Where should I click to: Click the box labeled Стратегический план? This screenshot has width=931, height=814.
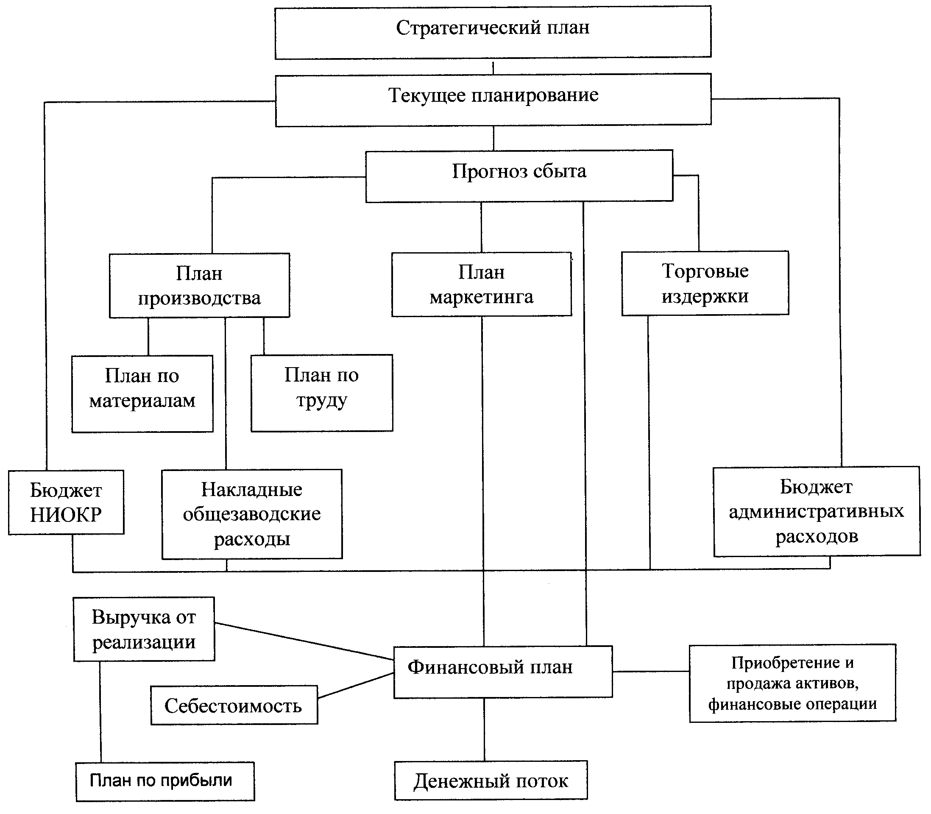(493, 32)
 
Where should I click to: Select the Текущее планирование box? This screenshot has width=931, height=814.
(493, 100)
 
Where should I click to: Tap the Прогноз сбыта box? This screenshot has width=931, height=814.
(519, 176)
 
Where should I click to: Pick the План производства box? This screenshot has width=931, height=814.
(199, 285)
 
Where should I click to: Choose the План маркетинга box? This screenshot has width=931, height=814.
(481, 284)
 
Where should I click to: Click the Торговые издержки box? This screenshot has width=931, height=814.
(705, 283)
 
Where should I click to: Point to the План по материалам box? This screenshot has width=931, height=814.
(142, 393)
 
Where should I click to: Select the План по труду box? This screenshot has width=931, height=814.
(321, 393)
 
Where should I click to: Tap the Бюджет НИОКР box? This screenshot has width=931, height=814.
(66, 502)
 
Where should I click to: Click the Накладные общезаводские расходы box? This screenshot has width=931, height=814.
(252, 514)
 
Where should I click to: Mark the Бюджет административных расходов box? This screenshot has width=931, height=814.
(817, 511)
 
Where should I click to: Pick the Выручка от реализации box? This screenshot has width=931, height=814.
(144, 629)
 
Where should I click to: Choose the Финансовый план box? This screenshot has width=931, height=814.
(503, 672)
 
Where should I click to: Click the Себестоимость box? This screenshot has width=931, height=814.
(234, 705)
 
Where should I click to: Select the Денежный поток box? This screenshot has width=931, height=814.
(491, 781)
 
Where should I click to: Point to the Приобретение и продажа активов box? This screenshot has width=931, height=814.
(792, 683)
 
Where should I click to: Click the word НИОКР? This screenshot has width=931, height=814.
(66, 515)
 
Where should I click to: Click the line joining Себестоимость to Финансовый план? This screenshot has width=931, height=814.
(356, 686)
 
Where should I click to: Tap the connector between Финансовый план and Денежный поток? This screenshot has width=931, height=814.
(484, 730)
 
